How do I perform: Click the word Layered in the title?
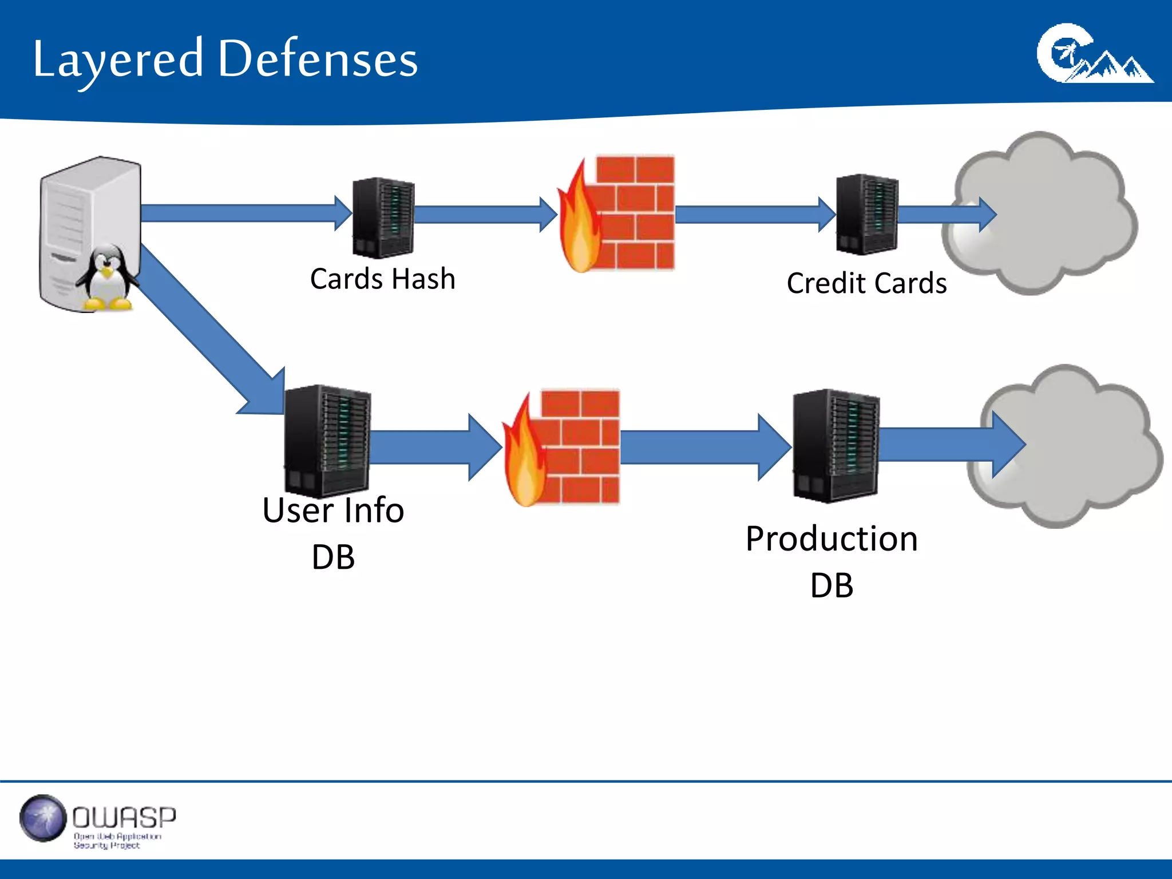[117, 60]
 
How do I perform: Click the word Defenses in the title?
[318, 60]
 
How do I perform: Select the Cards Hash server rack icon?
[383, 217]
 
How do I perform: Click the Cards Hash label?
[382, 279]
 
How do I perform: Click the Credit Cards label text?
[866, 283]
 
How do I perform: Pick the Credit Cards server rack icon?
[866, 215]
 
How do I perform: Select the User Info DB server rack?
[327, 441]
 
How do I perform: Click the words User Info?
[333, 510]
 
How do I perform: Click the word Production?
[832, 539]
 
